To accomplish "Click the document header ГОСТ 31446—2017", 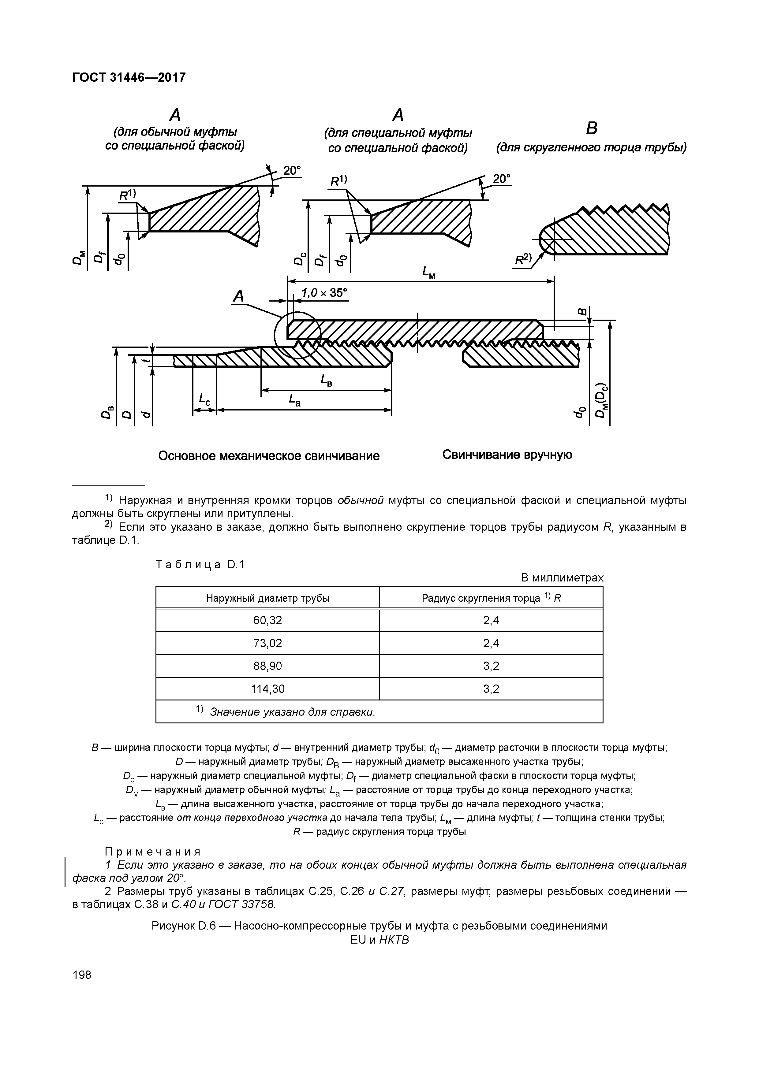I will pyautogui.click(x=129, y=77).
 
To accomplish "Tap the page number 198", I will pyautogui.click(x=82, y=975).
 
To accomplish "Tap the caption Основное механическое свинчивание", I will pyautogui.click(x=269, y=456).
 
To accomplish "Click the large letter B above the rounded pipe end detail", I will pyautogui.click(x=592, y=128).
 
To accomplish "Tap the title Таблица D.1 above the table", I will pyautogui.click(x=200, y=565).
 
